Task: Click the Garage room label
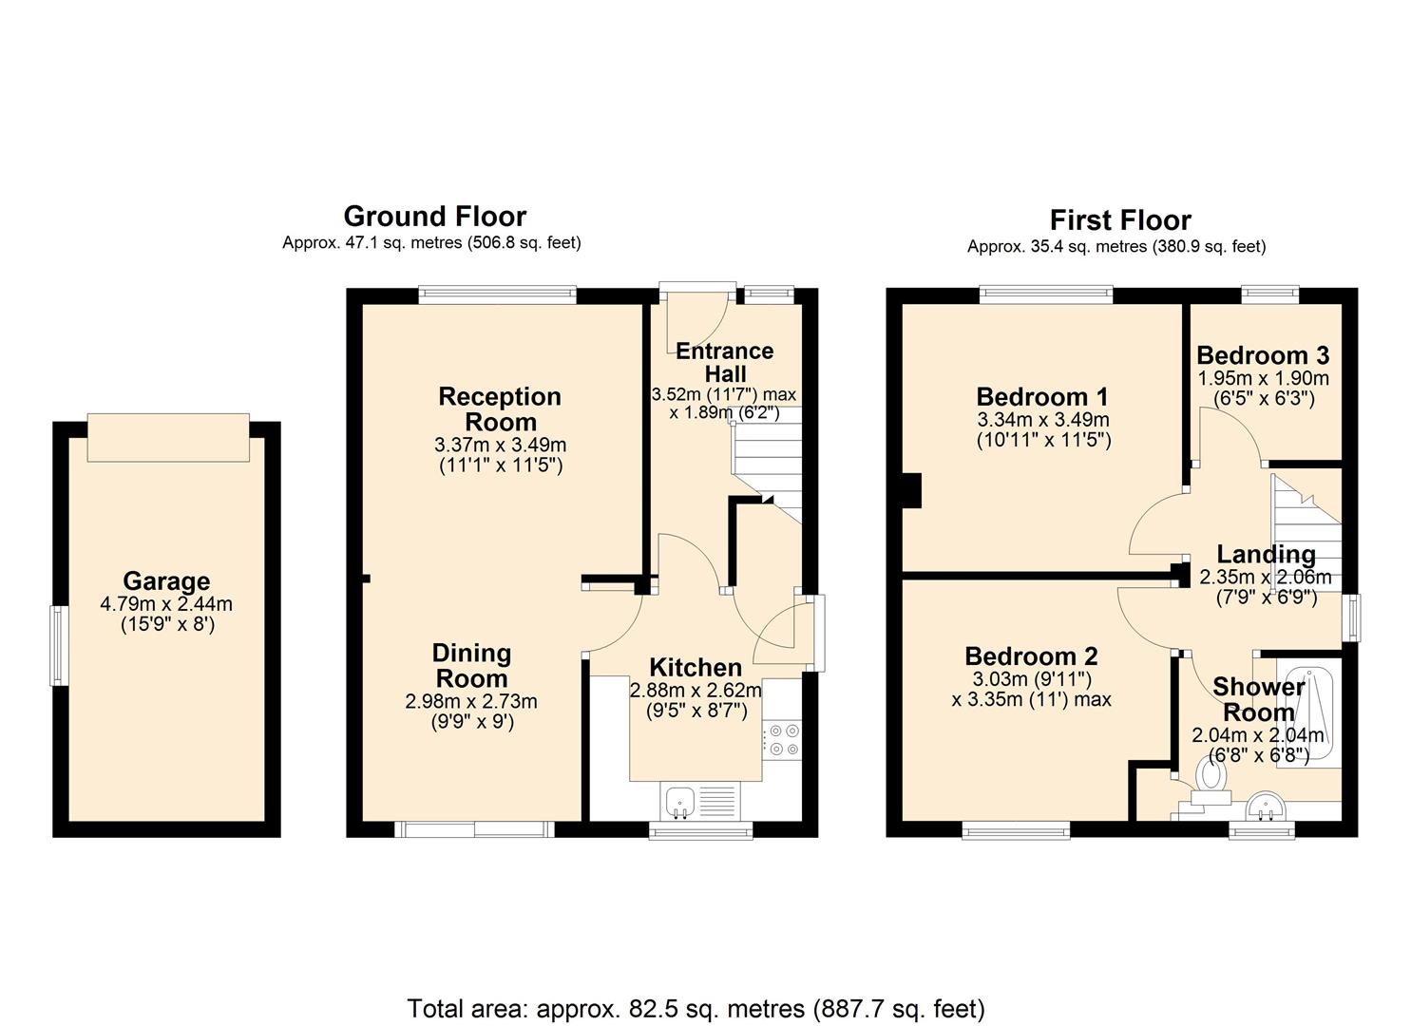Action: [166, 581]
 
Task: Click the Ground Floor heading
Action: [434, 217]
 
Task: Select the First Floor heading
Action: [1119, 220]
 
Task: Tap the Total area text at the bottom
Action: [696, 1008]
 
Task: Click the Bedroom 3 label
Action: [1263, 355]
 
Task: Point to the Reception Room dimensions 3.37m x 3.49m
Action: [500, 445]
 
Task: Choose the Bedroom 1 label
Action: [1042, 396]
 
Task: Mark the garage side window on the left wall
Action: [59, 646]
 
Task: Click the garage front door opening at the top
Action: [168, 437]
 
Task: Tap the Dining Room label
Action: [471, 665]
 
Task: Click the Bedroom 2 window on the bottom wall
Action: [1016, 832]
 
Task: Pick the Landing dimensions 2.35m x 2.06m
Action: [1265, 577]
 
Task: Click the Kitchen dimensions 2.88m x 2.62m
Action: [696, 691]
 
